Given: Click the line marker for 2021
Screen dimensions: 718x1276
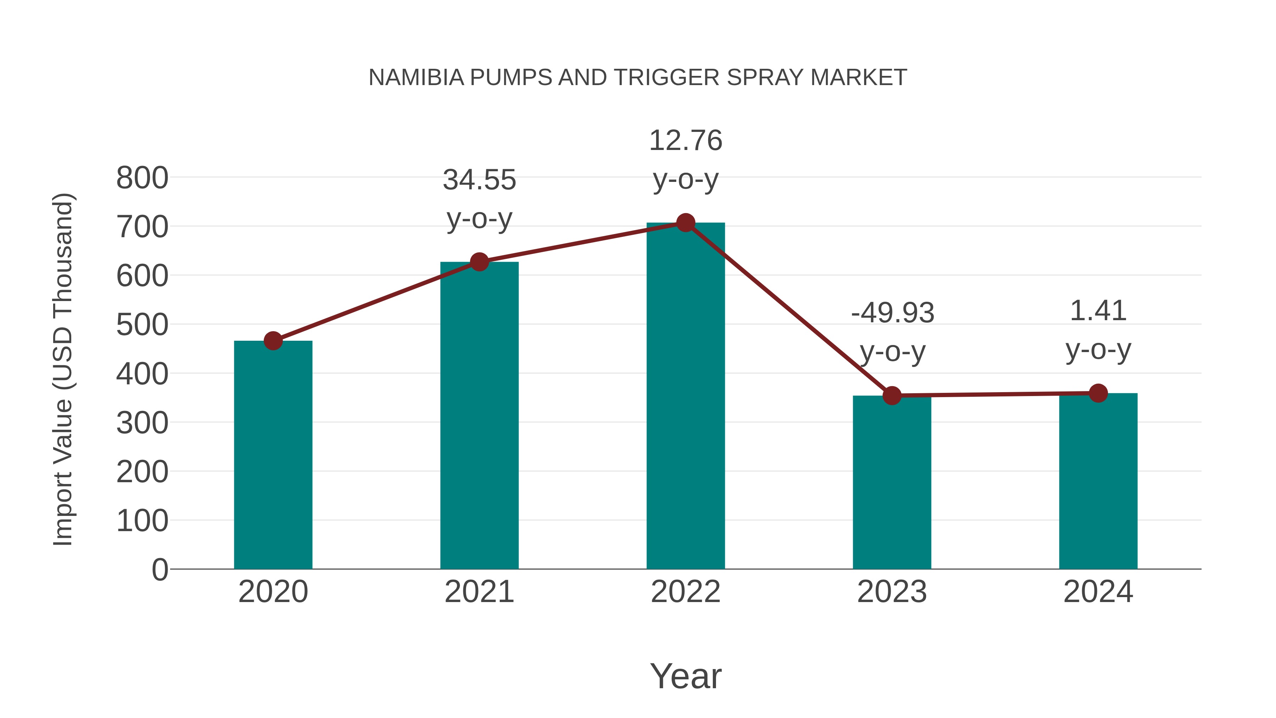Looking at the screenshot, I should pyautogui.click(x=480, y=262).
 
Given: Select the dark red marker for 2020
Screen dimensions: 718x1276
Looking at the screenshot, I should pyautogui.click(x=273, y=341).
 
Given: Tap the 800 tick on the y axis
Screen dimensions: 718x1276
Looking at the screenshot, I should pyautogui.click(x=142, y=178).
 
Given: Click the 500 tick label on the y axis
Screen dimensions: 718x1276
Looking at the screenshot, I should pyautogui.click(x=142, y=325).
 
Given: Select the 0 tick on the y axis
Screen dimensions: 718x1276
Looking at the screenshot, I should pyautogui.click(x=159, y=570).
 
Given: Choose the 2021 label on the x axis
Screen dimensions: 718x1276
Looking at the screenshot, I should pyautogui.click(x=480, y=592).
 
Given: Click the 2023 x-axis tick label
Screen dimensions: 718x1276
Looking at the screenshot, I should pyautogui.click(x=892, y=592).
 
